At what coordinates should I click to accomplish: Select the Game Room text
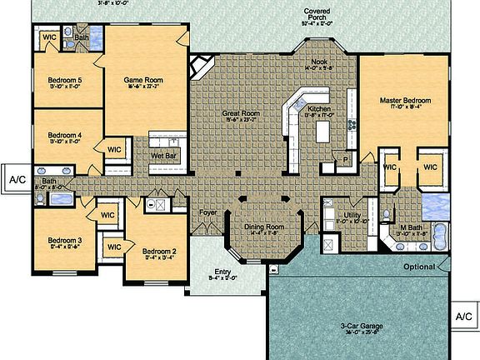(x=141, y=80)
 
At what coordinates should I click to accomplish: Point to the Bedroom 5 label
(x=63, y=80)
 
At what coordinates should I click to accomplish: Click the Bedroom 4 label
(x=64, y=135)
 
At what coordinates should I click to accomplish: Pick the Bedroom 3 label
(x=63, y=240)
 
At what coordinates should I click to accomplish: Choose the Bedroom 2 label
(x=158, y=251)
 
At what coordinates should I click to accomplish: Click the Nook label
(x=321, y=60)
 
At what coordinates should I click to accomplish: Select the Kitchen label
(x=320, y=109)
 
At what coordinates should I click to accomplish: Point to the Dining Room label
(x=263, y=227)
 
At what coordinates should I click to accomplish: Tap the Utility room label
(x=351, y=215)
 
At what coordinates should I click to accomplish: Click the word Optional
(x=419, y=267)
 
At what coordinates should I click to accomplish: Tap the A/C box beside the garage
(x=464, y=317)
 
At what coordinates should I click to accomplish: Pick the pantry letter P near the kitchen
(x=345, y=157)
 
